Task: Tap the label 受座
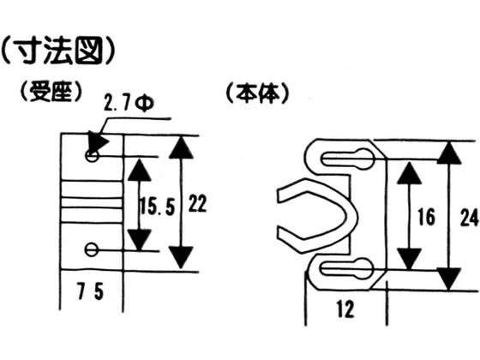pos(51,92)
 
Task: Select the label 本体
pos(257,93)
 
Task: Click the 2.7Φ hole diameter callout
pos(129,103)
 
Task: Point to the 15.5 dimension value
pos(158,207)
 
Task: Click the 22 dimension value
pos(197,203)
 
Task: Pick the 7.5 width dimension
pos(91,291)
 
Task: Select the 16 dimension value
pos(427,217)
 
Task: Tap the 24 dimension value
pos(469,218)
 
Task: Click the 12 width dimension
pos(345,309)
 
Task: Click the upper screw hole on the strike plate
pos(92,156)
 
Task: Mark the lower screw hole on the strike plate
pos(91,249)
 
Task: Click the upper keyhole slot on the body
pos(347,159)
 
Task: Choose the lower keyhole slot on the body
pos(346,269)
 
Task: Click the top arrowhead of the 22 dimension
pos(181,147)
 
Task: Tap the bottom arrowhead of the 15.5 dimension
pos(139,240)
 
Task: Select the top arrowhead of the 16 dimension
pos(410,173)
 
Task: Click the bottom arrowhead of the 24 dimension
pos(449,279)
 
